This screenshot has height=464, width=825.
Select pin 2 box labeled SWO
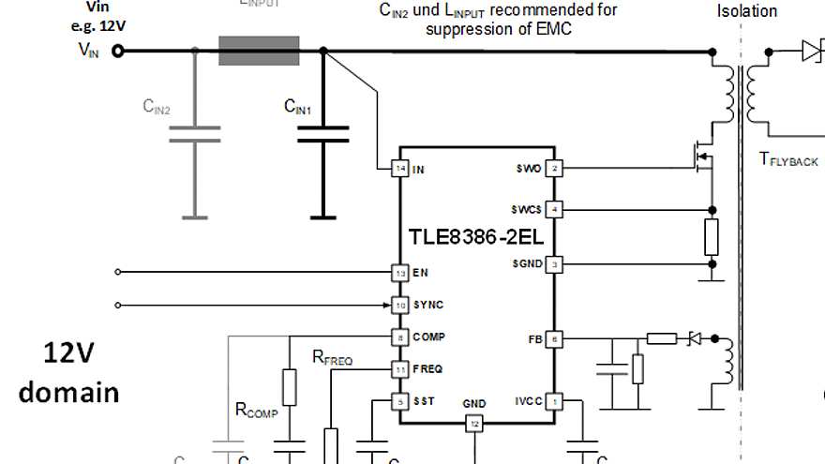[x=555, y=169]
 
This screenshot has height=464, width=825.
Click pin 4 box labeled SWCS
[x=555, y=209]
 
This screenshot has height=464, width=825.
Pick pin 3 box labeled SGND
[x=555, y=264]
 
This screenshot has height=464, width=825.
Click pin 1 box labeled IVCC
[x=555, y=400]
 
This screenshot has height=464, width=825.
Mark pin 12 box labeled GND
[x=474, y=424]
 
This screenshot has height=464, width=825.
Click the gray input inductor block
[x=259, y=51]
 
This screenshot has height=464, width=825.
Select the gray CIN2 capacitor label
[x=157, y=107]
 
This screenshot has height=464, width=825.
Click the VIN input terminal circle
[x=118, y=51]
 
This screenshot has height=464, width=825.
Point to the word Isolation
[x=747, y=11]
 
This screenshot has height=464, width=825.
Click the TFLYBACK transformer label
[x=788, y=159]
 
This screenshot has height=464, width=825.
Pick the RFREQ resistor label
[x=332, y=357]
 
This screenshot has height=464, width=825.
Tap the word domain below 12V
[x=69, y=392]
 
